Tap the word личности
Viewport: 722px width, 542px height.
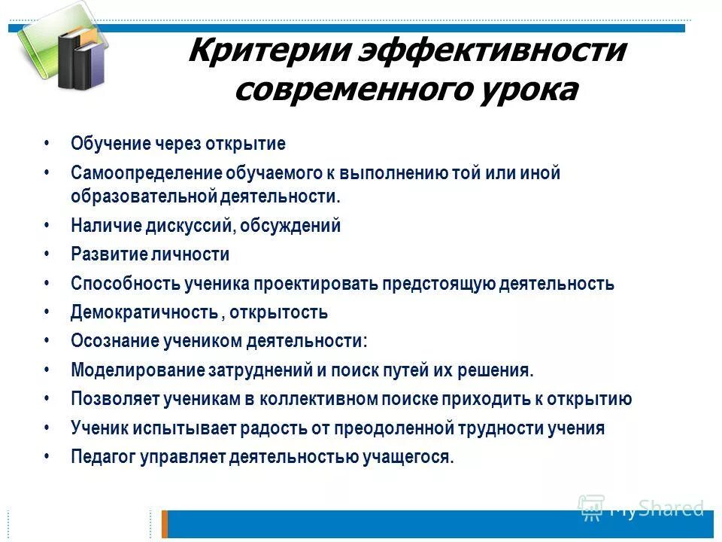tap(196, 254)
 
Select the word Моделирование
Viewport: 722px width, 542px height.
tap(127, 370)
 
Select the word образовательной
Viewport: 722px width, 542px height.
tap(144, 196)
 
